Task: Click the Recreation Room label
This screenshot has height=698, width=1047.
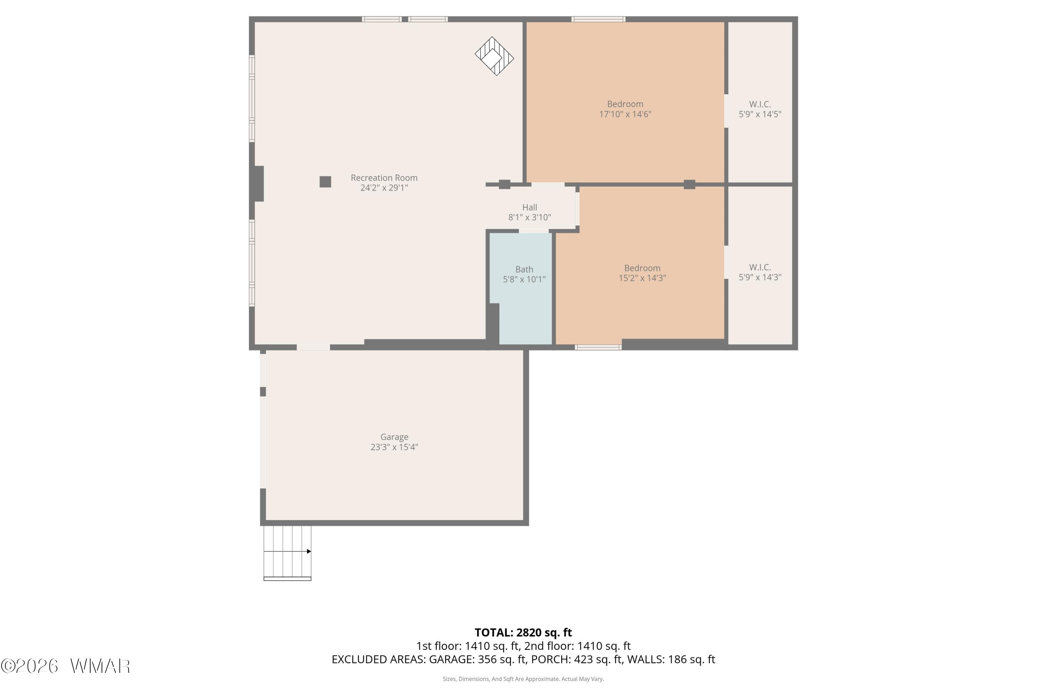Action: pos(384,178)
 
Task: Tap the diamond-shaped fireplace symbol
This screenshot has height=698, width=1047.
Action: pos(494,56)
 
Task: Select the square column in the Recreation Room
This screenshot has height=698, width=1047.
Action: pos(325,181)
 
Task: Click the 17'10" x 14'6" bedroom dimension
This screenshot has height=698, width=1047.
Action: pos(625,114)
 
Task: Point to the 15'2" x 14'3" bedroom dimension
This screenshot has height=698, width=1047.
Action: pos(642,278)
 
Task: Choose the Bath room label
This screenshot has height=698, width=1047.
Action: pos(524,269)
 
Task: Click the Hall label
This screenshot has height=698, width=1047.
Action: pos(529,207)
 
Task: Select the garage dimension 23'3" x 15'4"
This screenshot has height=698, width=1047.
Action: pos(394,447)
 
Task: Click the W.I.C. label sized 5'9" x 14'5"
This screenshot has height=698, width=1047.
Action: pos(760,104)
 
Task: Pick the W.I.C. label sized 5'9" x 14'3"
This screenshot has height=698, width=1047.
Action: pos(760,267)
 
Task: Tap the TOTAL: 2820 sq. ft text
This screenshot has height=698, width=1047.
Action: pos(523,632)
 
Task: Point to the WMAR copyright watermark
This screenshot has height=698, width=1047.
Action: pos(66,666)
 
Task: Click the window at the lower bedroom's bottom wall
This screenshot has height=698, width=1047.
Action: pos(598,347)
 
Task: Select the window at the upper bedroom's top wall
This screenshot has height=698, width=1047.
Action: pos(598,19)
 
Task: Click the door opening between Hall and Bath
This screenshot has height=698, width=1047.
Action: pos(534,231)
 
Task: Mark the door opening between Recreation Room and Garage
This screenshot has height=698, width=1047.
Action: pos(313,347)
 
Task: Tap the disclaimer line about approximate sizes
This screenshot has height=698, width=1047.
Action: pos(523,679)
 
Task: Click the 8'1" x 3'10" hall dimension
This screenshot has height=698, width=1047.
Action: pos(529,217)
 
